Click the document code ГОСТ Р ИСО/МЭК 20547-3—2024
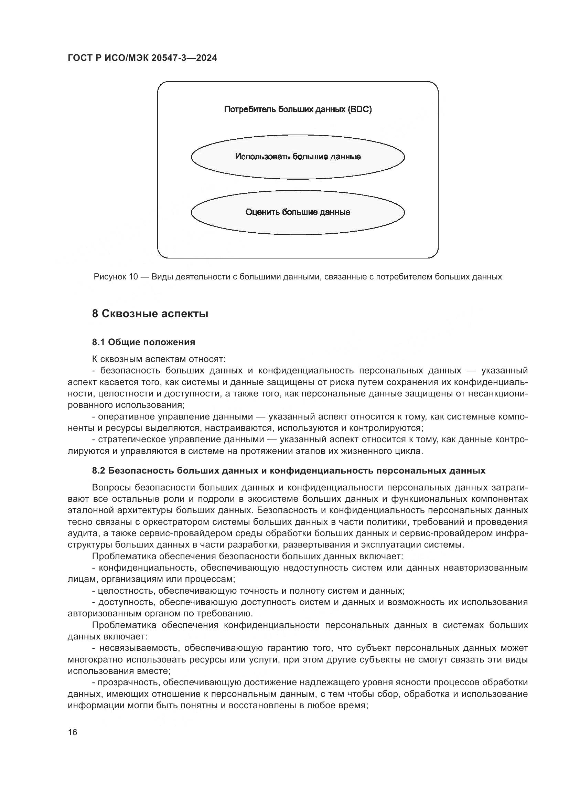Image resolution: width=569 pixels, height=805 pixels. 142,58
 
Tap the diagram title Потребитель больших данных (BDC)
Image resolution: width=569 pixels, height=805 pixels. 298,109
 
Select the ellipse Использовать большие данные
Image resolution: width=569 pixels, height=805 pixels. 298,157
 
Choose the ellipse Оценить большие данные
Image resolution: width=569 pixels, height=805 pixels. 298,212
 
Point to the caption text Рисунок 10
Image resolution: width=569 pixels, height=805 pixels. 116,277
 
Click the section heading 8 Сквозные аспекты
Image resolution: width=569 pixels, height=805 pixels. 150,314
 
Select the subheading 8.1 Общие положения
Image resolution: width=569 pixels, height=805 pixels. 143,342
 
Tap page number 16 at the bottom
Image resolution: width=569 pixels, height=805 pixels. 73,732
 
